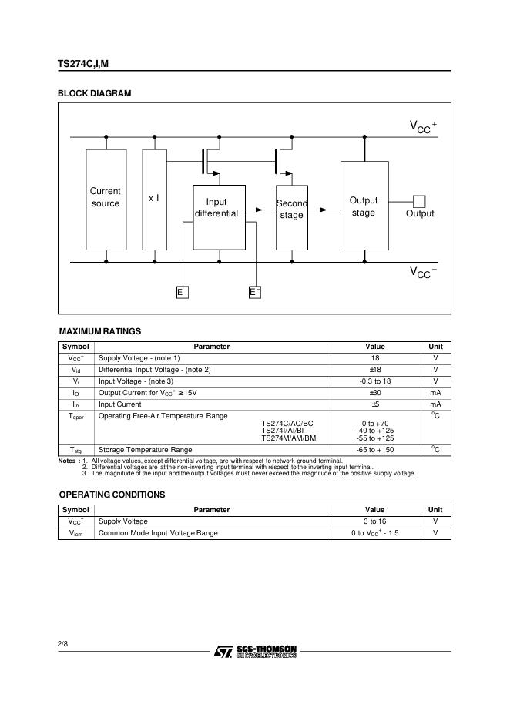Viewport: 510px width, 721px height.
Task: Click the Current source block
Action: click(106, 199)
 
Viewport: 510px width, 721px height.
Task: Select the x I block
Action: click(154, 199)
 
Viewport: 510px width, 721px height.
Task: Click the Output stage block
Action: click(364, 206)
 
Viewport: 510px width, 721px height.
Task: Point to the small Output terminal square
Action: click(419, 202)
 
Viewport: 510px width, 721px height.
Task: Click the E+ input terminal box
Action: click(183, 292)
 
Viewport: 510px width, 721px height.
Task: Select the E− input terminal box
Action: click(255, 292)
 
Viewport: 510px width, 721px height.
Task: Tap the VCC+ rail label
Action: click(423, 126)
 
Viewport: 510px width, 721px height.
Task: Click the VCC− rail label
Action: click(423, 272)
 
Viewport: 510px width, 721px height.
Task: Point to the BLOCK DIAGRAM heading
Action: click(95, 93)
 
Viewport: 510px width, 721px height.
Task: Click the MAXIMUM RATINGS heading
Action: click(100, 331)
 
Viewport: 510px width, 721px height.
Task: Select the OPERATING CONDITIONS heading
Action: click(112, 495)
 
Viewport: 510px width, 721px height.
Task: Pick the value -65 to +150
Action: click(375, 450)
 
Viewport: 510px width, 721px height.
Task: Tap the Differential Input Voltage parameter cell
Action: click(155, 370)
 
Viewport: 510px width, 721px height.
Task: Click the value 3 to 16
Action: click(375, 521)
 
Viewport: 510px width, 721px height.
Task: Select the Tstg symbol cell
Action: click(75, 450)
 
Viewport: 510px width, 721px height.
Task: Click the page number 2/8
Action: click(63, 642)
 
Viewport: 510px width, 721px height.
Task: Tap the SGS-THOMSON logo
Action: click(255, 651)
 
